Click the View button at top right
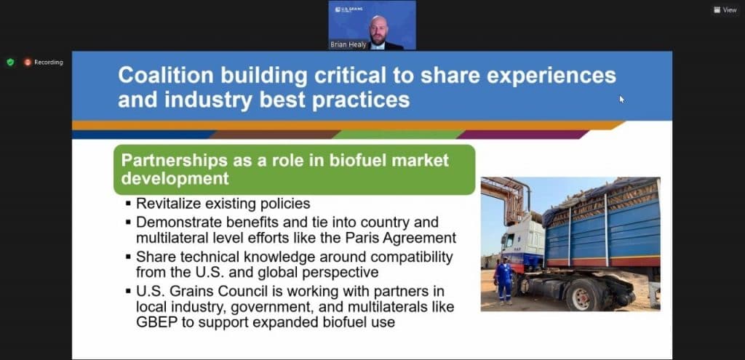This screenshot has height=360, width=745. point(725,9)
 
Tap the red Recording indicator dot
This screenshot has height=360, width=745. point(28,63)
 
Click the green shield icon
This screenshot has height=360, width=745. point(10,63)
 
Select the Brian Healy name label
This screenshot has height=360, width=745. point(348,44)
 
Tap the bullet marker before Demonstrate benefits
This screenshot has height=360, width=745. point(129,222)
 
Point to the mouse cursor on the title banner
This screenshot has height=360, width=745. point(621,99)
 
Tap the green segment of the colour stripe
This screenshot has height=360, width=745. point(397,135)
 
